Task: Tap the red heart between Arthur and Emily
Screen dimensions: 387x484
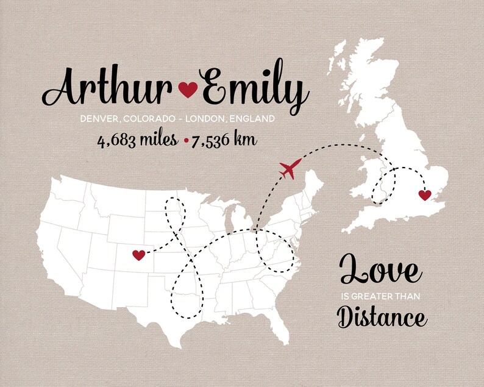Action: coord(188,90)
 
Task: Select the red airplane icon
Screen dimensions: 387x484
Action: coord(290,169)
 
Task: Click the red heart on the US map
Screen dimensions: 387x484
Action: coord(139,254)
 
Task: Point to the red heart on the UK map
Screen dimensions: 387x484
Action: coord(424,195)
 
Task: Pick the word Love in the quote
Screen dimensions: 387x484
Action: coord(379,270)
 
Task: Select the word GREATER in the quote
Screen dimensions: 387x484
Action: coord(374,297)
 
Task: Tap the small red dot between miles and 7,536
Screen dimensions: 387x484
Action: coord(185,141)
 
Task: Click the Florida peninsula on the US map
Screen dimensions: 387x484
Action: coord(281,333)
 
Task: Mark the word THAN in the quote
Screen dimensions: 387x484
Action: coord(410,297)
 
